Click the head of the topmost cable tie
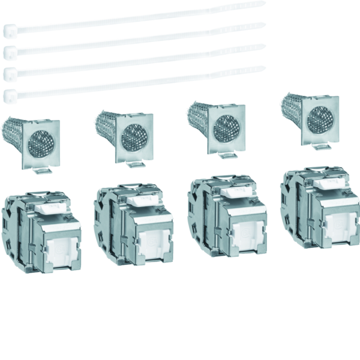click(9, 30)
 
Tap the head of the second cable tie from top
click(9, 52)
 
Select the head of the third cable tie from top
click(9, 73)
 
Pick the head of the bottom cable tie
click(9, 94)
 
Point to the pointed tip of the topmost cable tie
click(263, 3)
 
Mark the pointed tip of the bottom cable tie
click(263, 68)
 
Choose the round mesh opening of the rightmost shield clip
click(319, 120)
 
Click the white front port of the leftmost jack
click(62, 250)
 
